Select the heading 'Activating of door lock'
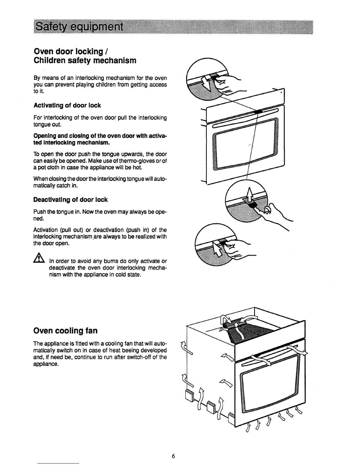(x=67, y=105)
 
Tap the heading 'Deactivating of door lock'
(x=71, y=200)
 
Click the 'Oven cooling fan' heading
(x=65, y=331)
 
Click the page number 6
(x=174, y=456)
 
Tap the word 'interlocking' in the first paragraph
(x=89, y=78)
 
